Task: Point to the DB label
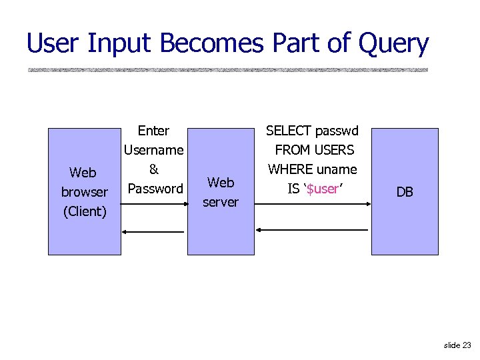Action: pos(405,192)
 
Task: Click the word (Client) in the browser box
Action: pos(84,211)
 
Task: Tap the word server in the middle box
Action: pos(221,201)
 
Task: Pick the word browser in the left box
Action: pos(84,192)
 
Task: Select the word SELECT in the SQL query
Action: pos(289,131)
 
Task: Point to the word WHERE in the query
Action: pos(291,169)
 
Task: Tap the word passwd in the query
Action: pos(337,131)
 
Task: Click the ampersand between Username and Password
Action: pos(153,169)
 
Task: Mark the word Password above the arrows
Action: pos(155,189)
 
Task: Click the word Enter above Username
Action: pos(153,131)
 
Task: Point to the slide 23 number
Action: pos(457,345)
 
